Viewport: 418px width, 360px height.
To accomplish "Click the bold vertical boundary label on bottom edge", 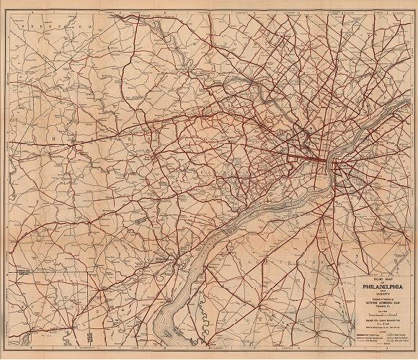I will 86,336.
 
